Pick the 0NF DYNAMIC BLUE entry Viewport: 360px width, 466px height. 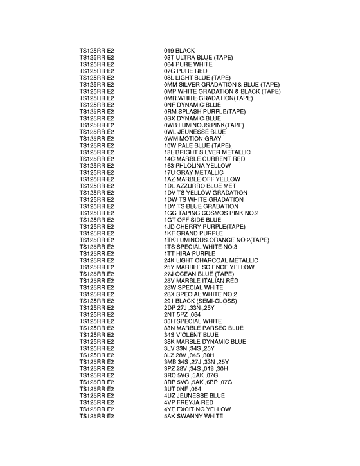point(192,105)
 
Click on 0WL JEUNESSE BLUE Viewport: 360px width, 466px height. point(195,132)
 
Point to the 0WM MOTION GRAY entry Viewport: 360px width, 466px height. point(194,139)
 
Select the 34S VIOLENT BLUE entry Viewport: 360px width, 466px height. point(191,335)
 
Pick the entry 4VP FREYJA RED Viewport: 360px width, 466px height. point(188,402)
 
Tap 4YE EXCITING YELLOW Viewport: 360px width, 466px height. point(195,409)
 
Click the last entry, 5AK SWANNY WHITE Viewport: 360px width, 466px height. point(193,416)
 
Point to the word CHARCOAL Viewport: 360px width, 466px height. point(213,260)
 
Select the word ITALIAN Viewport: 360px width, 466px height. point(210,281)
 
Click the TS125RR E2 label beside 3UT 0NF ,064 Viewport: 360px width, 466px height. point(96,389)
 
